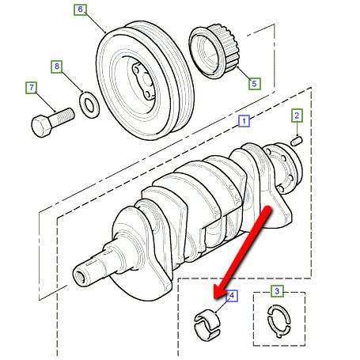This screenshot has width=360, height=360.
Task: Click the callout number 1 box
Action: pyautogui.click(x=244, y=121)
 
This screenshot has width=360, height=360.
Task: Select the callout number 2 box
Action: pyautogui.click(x=297, y=116)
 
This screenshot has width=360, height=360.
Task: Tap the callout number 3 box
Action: pyautogui.click(x=277, y=291)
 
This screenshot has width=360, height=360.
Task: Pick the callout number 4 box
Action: pyautogui.click(x=232, y=296)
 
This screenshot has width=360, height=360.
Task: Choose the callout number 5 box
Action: pyautogui.click(x=255, y=84)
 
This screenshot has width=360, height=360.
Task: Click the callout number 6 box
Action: pyautogui.click(x=80, y=9)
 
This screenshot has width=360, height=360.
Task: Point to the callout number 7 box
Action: pyautogui.click(x=32, y=88)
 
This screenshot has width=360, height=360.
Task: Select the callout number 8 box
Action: pyautogui.click(x=57, y=66)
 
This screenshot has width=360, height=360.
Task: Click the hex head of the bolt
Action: pyautogui.click(x=41, y=126)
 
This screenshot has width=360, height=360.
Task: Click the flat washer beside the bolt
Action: pyautogui.click(x=89, y=104)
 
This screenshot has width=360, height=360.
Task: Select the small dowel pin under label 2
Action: pyautogui.click(x=297, y=141)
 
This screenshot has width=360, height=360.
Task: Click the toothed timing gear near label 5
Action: pyautogui.click(x=214, y=52)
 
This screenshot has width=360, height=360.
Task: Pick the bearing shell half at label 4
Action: pyautogui.click(x=207, y=325)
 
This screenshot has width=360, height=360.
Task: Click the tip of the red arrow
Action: pyautogui.click(x=214, y=298)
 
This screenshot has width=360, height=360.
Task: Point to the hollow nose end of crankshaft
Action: pyautogui.click(x=80, y=277)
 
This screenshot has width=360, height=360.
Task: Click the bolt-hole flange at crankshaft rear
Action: pyautogui.click(x=285, y=169)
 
